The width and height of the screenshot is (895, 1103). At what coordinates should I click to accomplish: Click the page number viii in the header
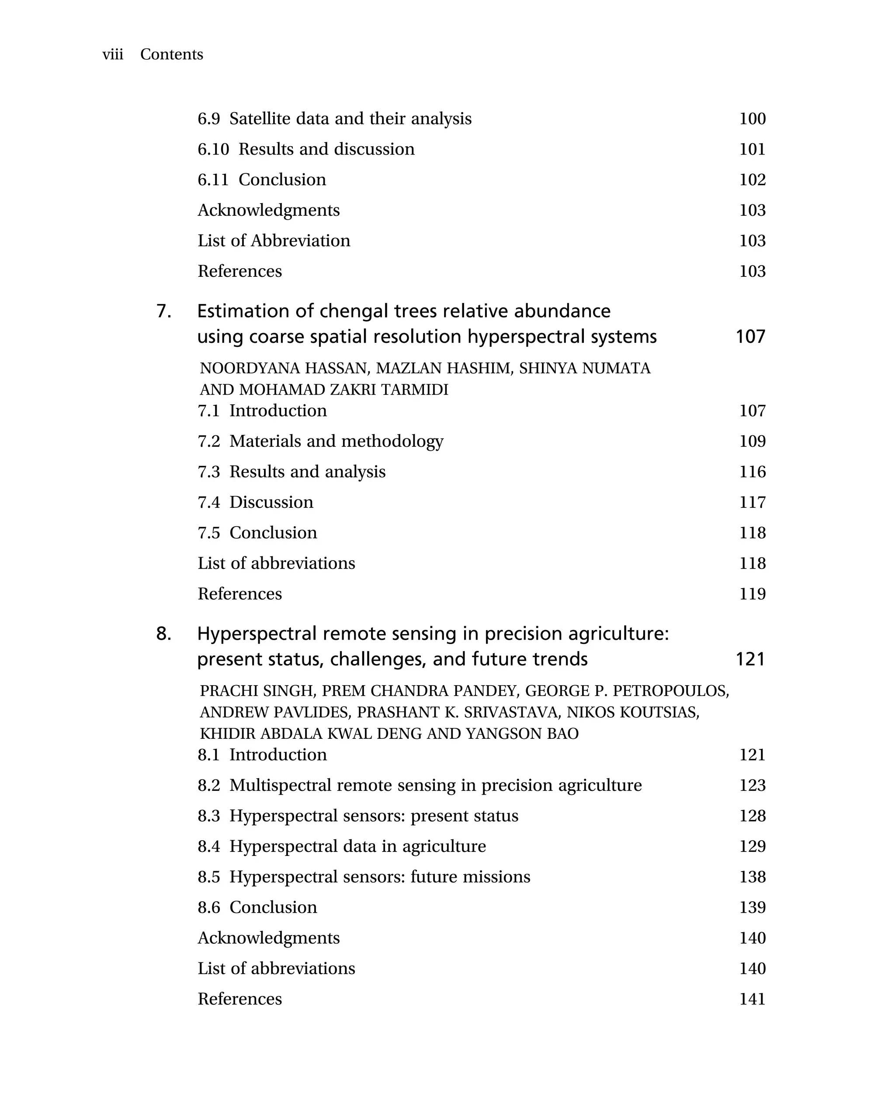tap(112, 54)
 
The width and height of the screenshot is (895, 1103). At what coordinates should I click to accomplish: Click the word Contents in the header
tap(172, 54)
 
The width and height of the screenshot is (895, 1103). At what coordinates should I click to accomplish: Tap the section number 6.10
tap(213, 149)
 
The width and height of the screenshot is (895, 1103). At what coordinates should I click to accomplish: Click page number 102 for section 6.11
tap(752, 179)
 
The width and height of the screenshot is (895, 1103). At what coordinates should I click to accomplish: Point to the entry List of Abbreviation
tap(274, 241)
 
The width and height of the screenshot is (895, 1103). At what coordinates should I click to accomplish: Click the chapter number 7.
tap(163, 311)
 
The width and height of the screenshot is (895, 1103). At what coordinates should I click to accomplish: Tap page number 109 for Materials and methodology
tap(752, 441)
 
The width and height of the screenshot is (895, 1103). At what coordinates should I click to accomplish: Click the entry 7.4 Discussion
tap(255, 502)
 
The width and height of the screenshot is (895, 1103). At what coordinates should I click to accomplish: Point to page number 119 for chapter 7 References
tap(752, 594)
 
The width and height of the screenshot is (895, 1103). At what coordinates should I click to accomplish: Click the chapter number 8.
tap(163, 634)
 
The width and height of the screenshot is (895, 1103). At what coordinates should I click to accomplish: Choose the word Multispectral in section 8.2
tap(280, 786)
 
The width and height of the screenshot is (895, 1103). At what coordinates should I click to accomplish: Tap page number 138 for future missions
tap(752, 877)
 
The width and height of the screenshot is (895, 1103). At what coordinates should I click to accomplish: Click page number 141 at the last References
tap(752, 999)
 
